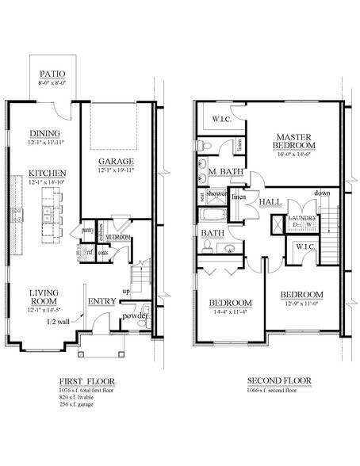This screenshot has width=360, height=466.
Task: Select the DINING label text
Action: [x=45, y=133]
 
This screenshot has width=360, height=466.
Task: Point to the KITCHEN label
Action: [x=47, y=172]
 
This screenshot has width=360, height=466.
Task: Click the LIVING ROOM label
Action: [x=46, y=296]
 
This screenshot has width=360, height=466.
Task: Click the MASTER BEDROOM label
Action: [x=294, y=140]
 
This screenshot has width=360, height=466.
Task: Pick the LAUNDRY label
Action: [x=304, y=217]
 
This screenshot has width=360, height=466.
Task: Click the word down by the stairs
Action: [x=322, y=193]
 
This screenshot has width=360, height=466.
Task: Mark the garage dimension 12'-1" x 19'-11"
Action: [x=116, y=170]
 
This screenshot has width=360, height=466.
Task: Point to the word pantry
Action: [x=90, y=231]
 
